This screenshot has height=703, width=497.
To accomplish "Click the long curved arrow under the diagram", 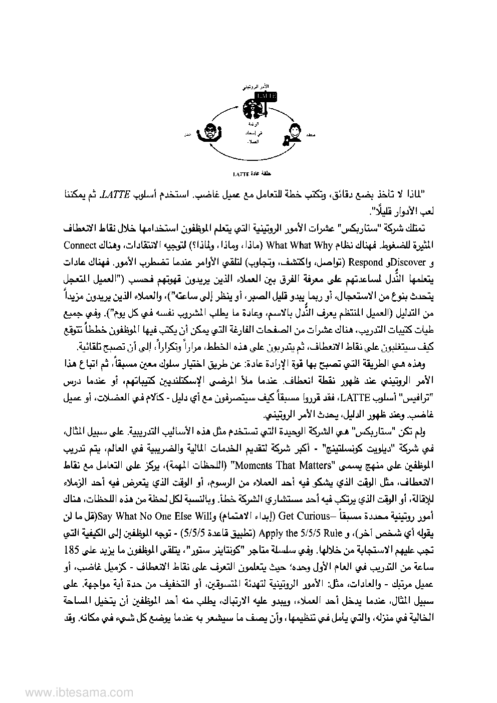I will click(x=251, y=156).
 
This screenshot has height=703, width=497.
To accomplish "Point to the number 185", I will click(x=424, y=548).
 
